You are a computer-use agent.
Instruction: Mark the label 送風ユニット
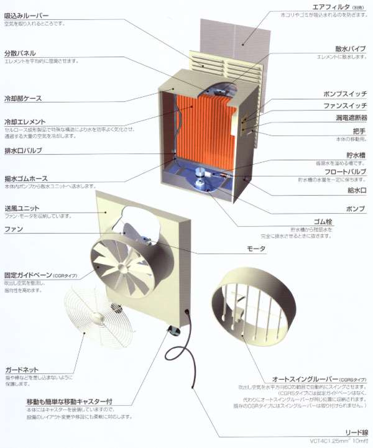pyautogui.click(x=21, y=208)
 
